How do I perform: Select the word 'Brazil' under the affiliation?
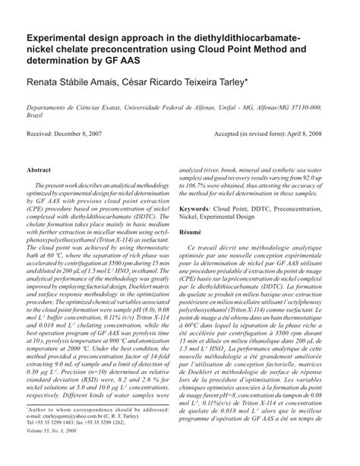[35, 118]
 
